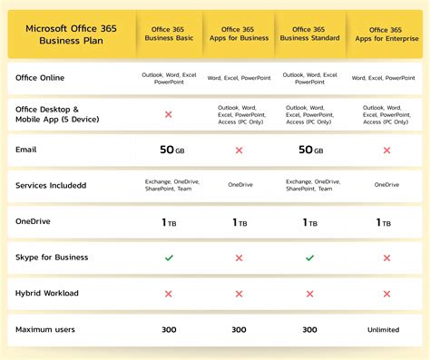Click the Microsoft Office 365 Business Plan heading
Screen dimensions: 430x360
(69, 34)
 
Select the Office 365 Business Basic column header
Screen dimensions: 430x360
(171, 34)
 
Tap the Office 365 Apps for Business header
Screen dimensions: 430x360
(239, 34)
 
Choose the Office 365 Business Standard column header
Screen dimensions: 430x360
(309, 34)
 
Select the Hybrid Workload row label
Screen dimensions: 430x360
(48, 294)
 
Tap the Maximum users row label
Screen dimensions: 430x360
(45, 329)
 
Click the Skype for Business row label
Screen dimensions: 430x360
(52, 258)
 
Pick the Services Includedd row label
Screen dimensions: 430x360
(51, 186)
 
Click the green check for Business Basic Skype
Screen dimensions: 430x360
(169, 258)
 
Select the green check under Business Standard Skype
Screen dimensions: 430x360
(309, 258)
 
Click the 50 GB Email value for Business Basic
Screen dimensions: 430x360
(171, 150)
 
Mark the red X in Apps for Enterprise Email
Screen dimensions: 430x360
(386, 150)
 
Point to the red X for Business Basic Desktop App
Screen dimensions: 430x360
(169, 114)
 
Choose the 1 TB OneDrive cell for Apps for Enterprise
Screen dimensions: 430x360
(385, 222)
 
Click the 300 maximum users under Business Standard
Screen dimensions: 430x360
(309, 330)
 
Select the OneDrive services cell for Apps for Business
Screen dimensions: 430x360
(239, 185)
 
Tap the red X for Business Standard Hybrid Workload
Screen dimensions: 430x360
(309, 294)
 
